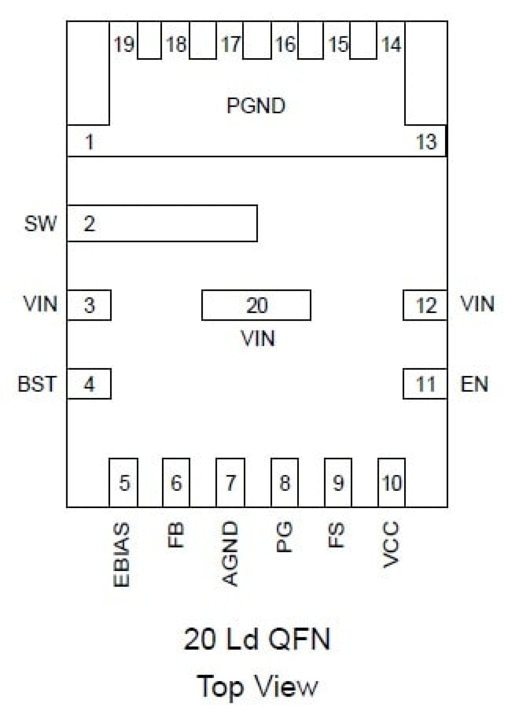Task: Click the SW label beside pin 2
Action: pos(40,223)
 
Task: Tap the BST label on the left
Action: pos(37,384)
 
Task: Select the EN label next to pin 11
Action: pos(474,384)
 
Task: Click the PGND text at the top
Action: pos(256,105)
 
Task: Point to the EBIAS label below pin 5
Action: pos(122,555)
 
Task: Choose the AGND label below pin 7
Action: pos(230,554)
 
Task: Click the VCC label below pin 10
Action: pos(391,545)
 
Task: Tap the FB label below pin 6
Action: pos(176,535)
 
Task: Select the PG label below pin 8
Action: pos(284,537)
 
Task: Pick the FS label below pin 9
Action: pos(337,535)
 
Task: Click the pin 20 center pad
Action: pos(257,305)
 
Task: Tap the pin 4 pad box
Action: pos(89,384)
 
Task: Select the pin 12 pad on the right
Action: pos(425,305)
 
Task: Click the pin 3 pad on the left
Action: pos(89,305)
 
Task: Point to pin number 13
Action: pos(426,142)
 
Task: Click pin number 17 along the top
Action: pos(230,44)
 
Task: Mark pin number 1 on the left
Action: pos(89,142)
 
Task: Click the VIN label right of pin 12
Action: pos(477,304)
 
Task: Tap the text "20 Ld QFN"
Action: pos(257,639)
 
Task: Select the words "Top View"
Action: pos(257,686)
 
